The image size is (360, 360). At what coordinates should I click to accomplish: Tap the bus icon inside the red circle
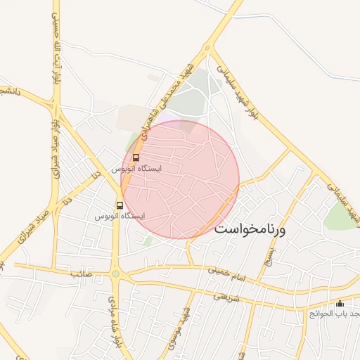(x=136, y=157)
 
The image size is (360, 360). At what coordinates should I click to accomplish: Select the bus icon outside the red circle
(x=120, y=205)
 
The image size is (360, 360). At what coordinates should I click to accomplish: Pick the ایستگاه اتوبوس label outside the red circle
(x=120, y=217)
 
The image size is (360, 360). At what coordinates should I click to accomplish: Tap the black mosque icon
(x=340, y=304)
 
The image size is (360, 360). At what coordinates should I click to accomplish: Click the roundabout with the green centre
(x=116, y=274)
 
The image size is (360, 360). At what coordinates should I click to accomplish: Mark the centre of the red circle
(x=181, y=179)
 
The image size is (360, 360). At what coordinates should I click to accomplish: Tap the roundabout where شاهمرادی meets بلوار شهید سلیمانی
(x=207, y=48)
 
